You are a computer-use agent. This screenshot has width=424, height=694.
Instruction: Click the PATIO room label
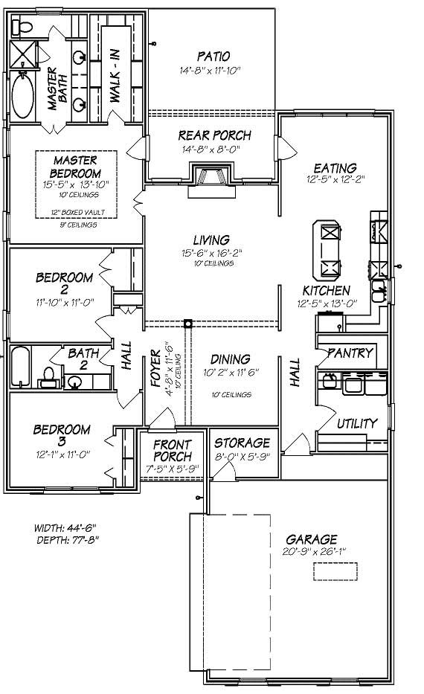pyautogui.click(x=213, y=57)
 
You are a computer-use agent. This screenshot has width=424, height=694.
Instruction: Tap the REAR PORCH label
pyautogui.click(x=214, y=135)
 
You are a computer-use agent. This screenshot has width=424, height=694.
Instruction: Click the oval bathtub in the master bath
pyautogui.click(x=23, y=95)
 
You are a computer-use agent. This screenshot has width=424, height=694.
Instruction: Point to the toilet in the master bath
pyautogui.click(x=23, y=28)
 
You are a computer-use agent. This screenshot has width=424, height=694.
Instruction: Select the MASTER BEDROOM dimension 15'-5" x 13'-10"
pyautogui.click(x=77, y=184)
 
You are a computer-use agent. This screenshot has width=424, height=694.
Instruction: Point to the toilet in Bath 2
pyautogui.click(x=49, y=376)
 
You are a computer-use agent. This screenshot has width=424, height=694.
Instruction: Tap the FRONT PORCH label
pyautogui.click(x=173, y=450)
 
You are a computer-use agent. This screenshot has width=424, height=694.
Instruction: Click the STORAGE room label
pyautogui.click(x=243, y=443)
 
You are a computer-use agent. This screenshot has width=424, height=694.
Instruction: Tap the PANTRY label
pyautogui.click(x=349, y=353)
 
